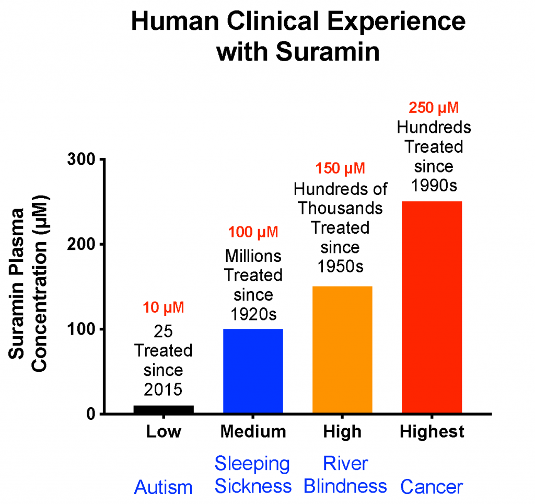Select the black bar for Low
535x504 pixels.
[164, 409]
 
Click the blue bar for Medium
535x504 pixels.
[253, 371]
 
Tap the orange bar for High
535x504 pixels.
[342, 350]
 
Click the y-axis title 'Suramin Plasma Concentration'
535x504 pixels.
[29, 285]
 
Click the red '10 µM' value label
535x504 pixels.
[164, 307]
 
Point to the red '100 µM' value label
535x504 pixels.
[253, 231]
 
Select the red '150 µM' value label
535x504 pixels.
[342, 168]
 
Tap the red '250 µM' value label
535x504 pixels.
[432, 108]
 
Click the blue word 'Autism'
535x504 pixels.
[164, 488]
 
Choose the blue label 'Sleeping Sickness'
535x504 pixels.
[253, 475]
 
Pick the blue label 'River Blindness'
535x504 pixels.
[345, 475]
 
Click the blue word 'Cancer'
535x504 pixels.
[432, 487]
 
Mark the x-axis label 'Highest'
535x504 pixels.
[432, 432]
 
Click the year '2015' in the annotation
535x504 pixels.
[164, 389]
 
